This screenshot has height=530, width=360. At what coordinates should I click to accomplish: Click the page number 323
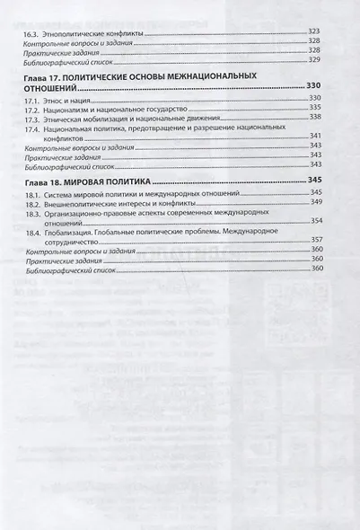tap(314, 32)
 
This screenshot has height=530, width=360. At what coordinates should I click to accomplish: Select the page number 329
tap(314, 59)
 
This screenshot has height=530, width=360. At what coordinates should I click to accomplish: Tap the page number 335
tap(314, 107)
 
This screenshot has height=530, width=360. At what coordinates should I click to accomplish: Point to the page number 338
tap(314, 117)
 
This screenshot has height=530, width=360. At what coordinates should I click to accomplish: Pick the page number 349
tap(315, 203)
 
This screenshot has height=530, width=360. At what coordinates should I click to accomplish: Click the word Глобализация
tap(74, 233)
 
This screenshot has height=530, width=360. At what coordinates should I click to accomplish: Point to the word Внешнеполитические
tap(83, 203)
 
